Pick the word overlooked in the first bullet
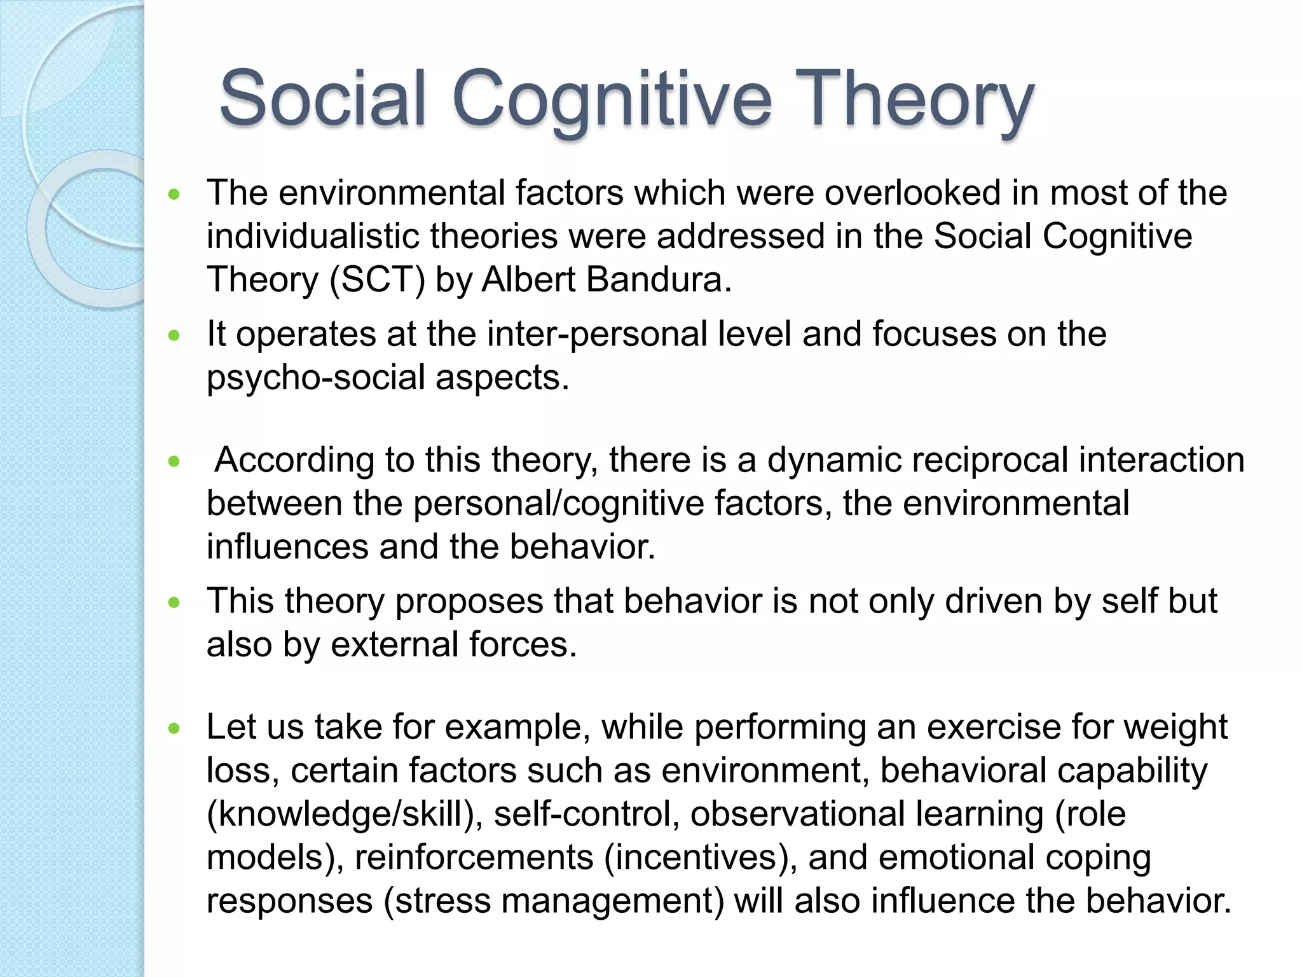[x=912, y=192]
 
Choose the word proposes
[x=469, y=601]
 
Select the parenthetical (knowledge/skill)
[x=345, y=814]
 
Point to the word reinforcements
[x=474, y=857]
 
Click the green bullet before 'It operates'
[x=174, y=335]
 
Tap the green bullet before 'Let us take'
[x=174, y=728]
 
